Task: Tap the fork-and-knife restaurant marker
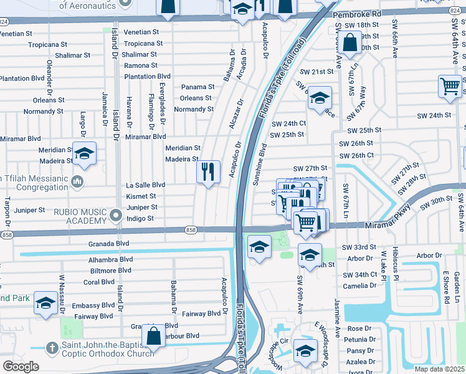208,170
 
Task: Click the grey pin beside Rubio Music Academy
115,216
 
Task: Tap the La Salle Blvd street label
145,185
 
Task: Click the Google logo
21,367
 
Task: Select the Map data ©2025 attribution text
439,369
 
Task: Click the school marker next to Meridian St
84,153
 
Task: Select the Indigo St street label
140,218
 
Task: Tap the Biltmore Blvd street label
110,271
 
